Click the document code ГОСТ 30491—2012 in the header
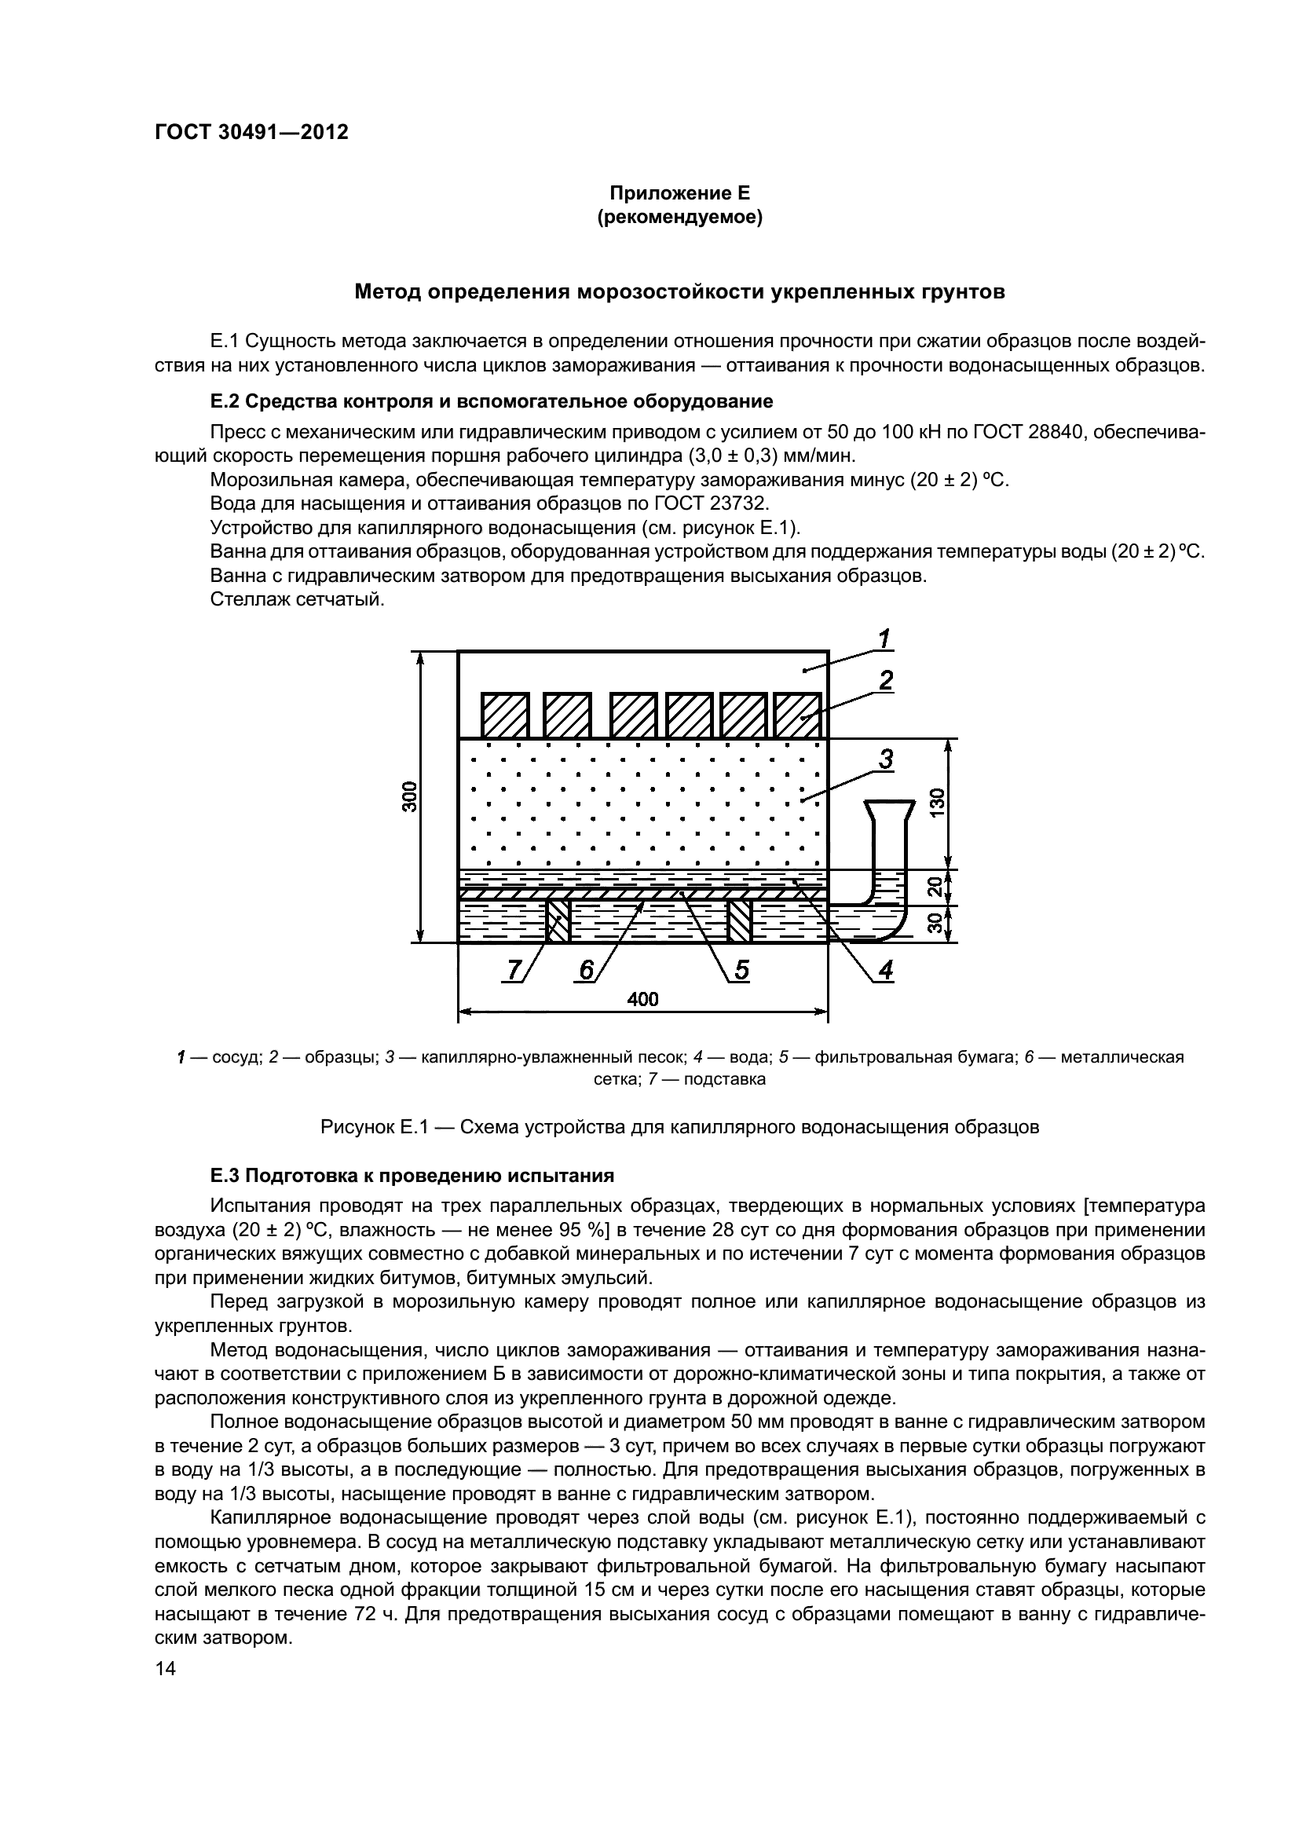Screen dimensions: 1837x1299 point(251,133)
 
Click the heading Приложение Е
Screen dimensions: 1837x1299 point(680,193)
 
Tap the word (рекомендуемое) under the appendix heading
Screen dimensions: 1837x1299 point(680,217)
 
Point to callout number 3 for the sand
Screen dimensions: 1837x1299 point(885,759)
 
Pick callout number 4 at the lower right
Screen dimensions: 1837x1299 point(884,970)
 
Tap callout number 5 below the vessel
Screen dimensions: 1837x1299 point(741,970)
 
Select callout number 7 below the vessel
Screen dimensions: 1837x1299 point(512,970)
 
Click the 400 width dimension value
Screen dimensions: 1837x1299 point(642,999)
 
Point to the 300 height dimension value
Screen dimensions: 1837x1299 point(409,796)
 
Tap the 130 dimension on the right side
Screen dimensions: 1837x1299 point(938,802)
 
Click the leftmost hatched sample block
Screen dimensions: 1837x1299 point(504,715)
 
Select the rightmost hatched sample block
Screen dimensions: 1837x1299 point(798,715)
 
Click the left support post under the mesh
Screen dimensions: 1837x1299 point(558,921)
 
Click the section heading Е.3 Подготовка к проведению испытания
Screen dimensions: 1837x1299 point(412,1176)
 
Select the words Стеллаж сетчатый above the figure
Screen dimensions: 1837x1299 point(298,599)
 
